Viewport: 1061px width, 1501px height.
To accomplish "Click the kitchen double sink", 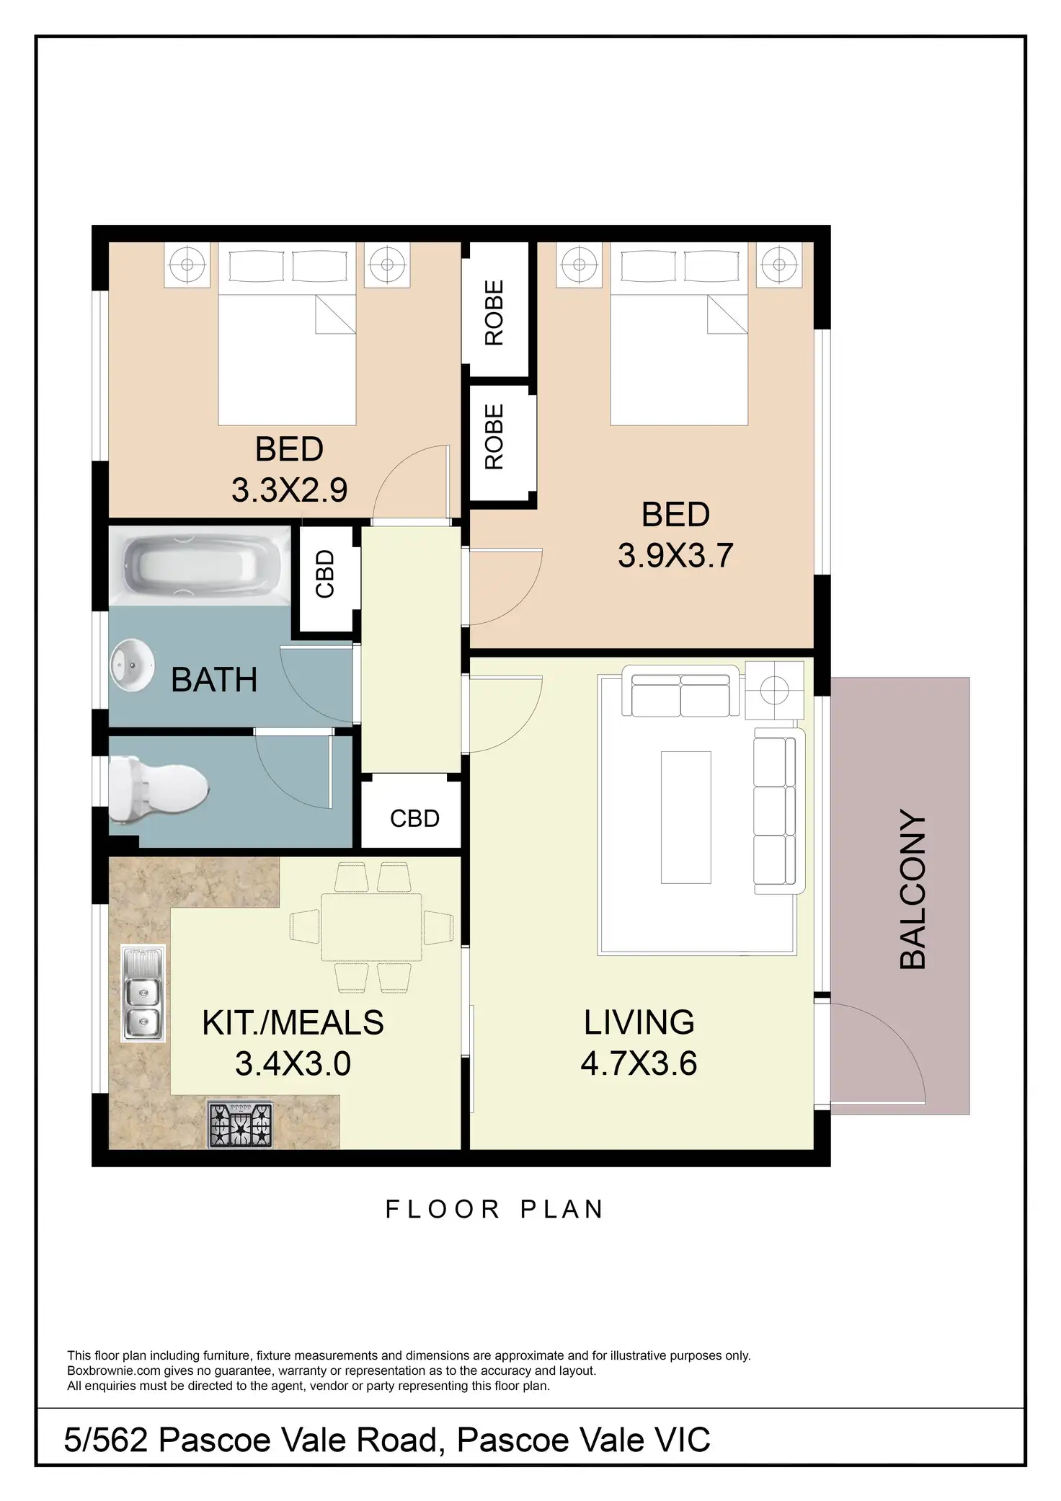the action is click(x=143, y=993).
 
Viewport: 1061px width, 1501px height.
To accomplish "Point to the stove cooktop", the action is click(x=241, y=1125).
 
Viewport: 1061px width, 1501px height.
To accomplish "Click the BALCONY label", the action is click(x=913, y=889).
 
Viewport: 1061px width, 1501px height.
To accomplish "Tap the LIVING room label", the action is click(x=639, y=1022).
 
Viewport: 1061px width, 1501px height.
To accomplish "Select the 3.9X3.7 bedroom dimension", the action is click(x=675, y=556).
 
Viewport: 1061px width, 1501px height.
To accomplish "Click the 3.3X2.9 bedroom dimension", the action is click(x=289, y=490).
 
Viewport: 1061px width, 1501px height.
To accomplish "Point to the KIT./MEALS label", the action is click(x=293, y=1022).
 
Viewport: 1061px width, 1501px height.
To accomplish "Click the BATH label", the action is click(x=214, y=680).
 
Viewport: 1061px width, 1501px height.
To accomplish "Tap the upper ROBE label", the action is click(x=494, y=313).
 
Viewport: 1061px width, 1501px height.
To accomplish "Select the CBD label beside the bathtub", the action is click(x=325, y=574).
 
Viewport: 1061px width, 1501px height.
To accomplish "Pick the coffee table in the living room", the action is click(x=686, y=817).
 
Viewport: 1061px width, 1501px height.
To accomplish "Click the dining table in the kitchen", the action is click(x=372, y=927).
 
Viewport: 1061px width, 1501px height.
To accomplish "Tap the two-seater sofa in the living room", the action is click(x=680, y=695).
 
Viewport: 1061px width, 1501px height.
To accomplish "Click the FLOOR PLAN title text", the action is click(x=494, y=1209).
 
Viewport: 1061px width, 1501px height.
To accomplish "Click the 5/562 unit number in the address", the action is click(x=106, y=1440).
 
